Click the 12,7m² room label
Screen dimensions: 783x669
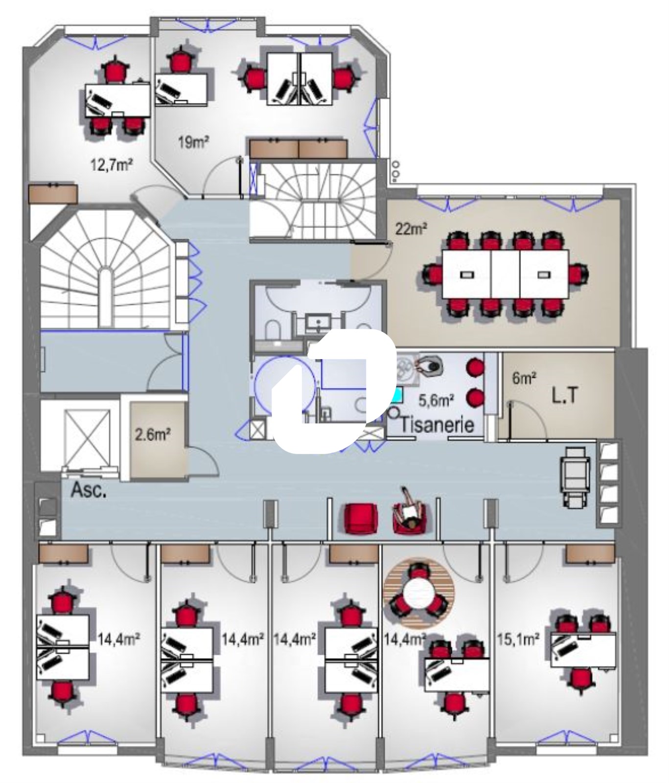tap(111, 164)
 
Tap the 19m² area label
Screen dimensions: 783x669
tap(193, 142)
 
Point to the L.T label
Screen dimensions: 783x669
tap(565, 396)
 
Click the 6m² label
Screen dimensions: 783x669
tap(524, 378)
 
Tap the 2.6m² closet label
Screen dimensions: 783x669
tap(153, 434)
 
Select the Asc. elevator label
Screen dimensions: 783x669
tap(89, 490)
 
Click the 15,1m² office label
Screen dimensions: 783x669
tap(518, 639)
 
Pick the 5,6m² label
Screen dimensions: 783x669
tap(436, 401)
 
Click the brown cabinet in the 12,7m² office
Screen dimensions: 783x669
tap(53, 193)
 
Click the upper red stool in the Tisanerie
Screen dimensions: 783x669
tap(474, 366)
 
